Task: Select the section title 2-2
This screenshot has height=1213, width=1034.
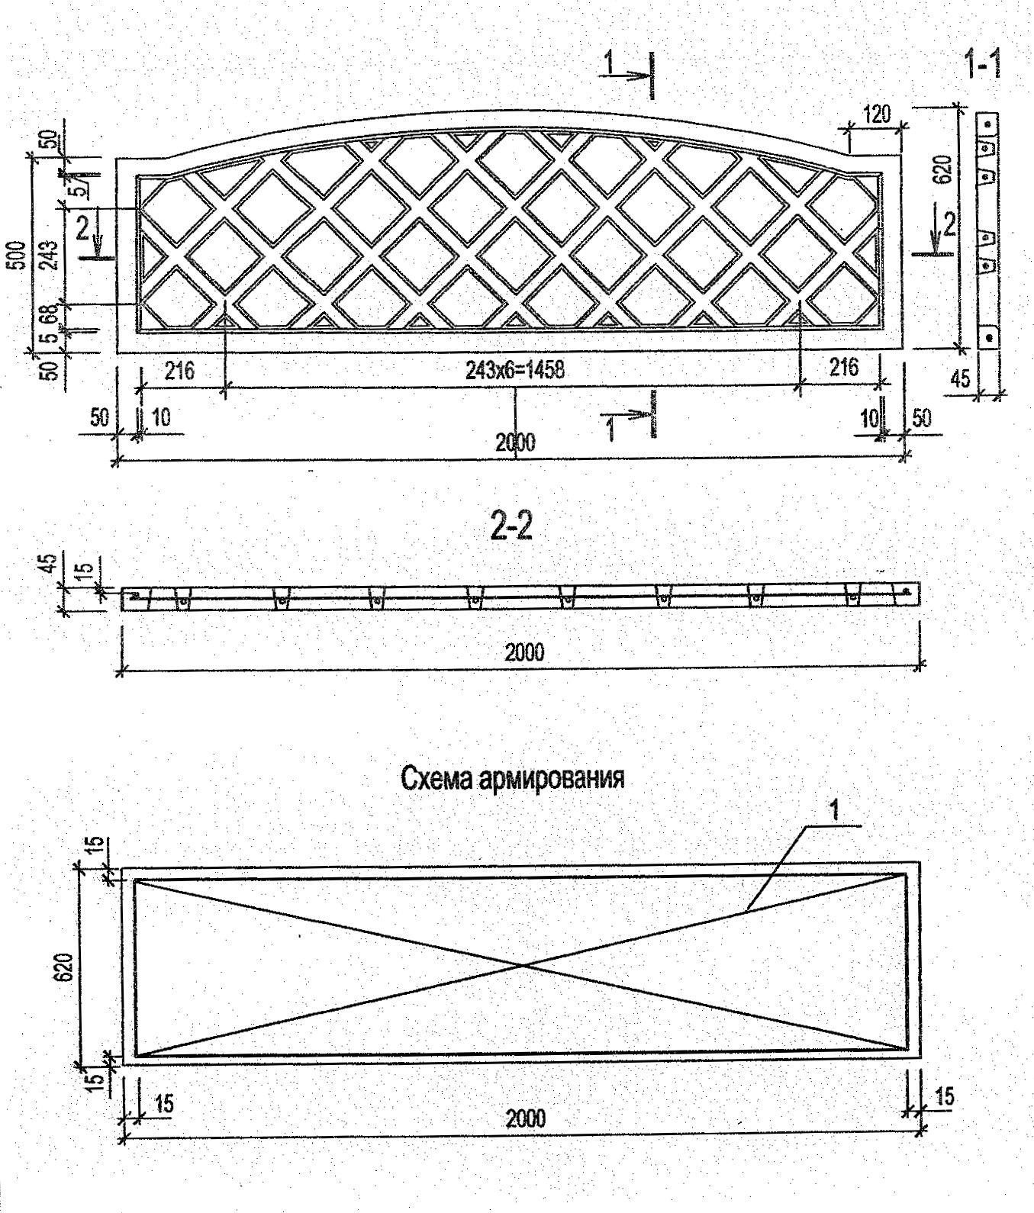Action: tap(512, 527)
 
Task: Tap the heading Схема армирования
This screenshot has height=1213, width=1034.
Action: tap(512, 779)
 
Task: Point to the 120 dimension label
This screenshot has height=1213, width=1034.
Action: tap(876, 115)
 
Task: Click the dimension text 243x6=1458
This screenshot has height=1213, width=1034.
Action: tap(515, 371)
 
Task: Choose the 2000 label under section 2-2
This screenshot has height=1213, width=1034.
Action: tap(525, 652)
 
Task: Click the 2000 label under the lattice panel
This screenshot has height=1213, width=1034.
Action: tap(515, 442)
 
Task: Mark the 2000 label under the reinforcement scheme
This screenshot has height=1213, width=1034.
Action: tap(525, 1118)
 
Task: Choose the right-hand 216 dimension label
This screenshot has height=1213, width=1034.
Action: tap(843, 367)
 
